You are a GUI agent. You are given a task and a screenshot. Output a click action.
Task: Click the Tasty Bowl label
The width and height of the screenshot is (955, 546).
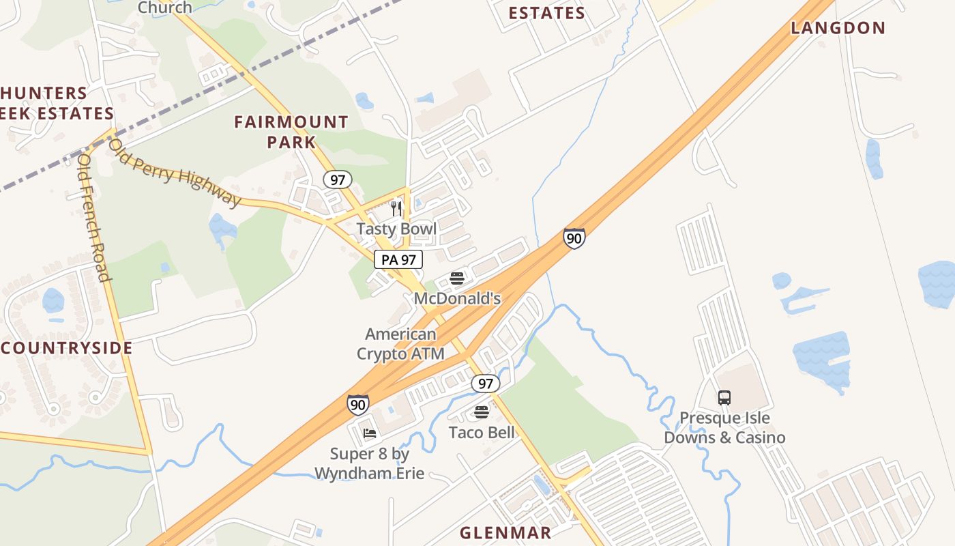pos(396,229)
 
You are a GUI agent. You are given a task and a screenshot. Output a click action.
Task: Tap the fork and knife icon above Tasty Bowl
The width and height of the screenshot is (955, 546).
pos(396,208)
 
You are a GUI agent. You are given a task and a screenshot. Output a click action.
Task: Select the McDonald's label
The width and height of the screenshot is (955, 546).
pos(457,298)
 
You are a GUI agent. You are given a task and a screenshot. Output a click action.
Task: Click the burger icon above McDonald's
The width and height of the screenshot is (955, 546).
pos(457,278)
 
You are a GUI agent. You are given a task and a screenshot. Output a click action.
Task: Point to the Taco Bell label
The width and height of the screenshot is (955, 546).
pos(482,432)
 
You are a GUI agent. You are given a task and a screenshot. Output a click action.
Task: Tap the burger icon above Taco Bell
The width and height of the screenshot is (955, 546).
pos(482,412)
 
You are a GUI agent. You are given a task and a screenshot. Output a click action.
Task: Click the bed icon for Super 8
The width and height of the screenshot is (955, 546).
pos(370,433)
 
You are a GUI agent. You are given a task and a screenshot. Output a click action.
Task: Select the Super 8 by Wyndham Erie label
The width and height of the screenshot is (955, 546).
pos(369,463)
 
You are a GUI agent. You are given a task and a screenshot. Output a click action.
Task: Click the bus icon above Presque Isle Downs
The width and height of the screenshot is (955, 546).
pos(724,397)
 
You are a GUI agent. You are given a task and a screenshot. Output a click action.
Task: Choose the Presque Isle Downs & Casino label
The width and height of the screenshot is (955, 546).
pos(724,428)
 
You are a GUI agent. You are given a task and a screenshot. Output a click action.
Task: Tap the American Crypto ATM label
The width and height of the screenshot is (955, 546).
pos(400,344)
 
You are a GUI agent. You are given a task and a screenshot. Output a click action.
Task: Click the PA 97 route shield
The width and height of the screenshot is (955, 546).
pos(398,259)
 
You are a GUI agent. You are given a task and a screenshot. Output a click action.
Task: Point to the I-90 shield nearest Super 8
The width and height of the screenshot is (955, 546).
pos(357,405)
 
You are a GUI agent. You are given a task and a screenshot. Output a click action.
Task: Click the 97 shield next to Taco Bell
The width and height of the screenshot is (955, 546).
pos(485,384)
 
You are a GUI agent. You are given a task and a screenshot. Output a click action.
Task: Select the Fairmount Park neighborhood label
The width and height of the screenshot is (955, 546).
pos(291,132)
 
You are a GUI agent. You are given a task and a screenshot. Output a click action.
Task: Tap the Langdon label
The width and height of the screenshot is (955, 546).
pos(838,28)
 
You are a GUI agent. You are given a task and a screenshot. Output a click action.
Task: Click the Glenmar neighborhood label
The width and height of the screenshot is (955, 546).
pos(505,533)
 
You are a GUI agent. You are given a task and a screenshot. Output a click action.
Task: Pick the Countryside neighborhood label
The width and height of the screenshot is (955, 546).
pos(66,348)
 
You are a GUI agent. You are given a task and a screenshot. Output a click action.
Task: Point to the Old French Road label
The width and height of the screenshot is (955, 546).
pos(94,218)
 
